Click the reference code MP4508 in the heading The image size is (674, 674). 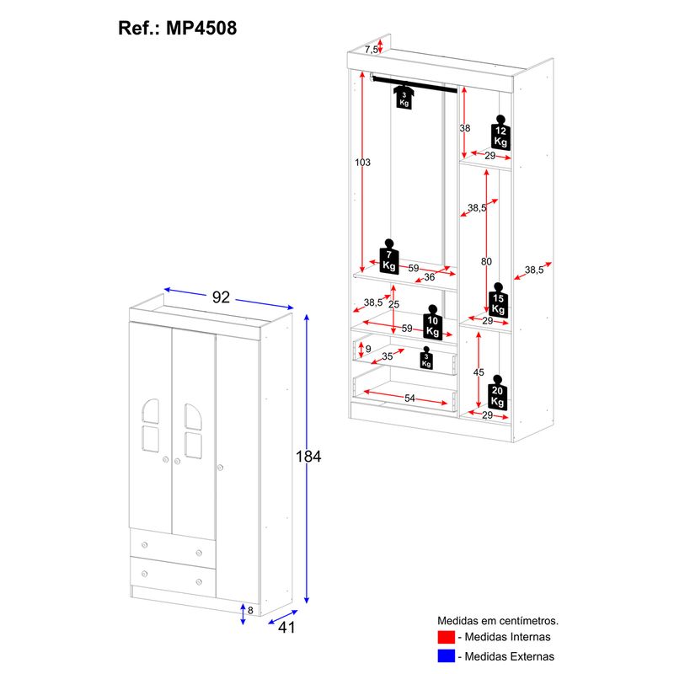pos(202,27)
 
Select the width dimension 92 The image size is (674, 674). pos(221,297)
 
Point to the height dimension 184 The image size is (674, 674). pos(309,457)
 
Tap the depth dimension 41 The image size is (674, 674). pos(287,628)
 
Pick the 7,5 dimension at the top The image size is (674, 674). pos(372,50)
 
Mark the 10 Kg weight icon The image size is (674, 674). pos(433,324)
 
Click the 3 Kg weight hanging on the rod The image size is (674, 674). pos(404,96)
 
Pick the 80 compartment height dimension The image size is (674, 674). pos(486,262)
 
